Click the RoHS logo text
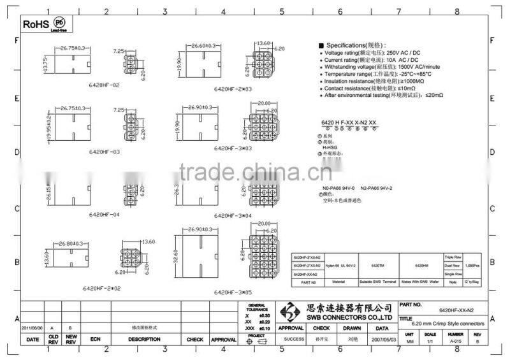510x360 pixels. tap(35, 24)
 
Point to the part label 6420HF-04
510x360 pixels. tap(102, 215)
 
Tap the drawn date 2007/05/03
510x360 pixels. tap(382, 339)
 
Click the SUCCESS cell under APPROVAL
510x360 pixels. tap(295, 339)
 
